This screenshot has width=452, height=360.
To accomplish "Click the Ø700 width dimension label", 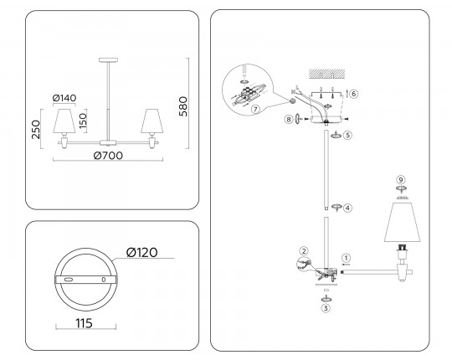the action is (x=108, y=156).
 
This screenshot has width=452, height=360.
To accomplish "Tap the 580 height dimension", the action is (x=183, y=106).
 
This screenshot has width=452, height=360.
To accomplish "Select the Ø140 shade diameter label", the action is (x=64, y=98).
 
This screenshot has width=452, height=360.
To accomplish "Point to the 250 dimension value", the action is (x=36, y=130).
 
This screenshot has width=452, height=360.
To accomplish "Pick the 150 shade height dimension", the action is (x=82, y=121).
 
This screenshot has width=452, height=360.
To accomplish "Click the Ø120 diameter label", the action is (x=141, y=253).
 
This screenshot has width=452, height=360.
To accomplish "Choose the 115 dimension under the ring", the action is (x=85, y=323).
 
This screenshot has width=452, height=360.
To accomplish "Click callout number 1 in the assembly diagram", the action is (x=346, y=258).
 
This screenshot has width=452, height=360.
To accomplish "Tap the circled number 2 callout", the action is (x=304, y=251).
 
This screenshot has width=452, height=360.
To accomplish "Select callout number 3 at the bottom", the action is (x=326, y=308).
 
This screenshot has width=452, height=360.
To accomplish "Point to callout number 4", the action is (x=347, y=208).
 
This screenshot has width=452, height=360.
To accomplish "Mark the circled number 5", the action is (x=348, y=135).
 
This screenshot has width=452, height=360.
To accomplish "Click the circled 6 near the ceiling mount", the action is (x=354, y=94).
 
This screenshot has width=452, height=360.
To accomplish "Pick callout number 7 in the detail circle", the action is (x=255, y=109).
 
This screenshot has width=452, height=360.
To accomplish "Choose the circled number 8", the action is (x=289, y=119).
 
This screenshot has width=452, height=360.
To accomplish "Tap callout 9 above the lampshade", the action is (x=401, y=180).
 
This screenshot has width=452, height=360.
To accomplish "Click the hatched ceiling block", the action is (x=327, y=74).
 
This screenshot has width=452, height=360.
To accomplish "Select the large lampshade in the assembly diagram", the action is (x=402, y=222).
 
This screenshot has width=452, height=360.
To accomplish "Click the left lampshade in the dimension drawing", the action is (x=64, y=121).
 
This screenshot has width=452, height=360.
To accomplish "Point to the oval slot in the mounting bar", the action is (x=69, y=280).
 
